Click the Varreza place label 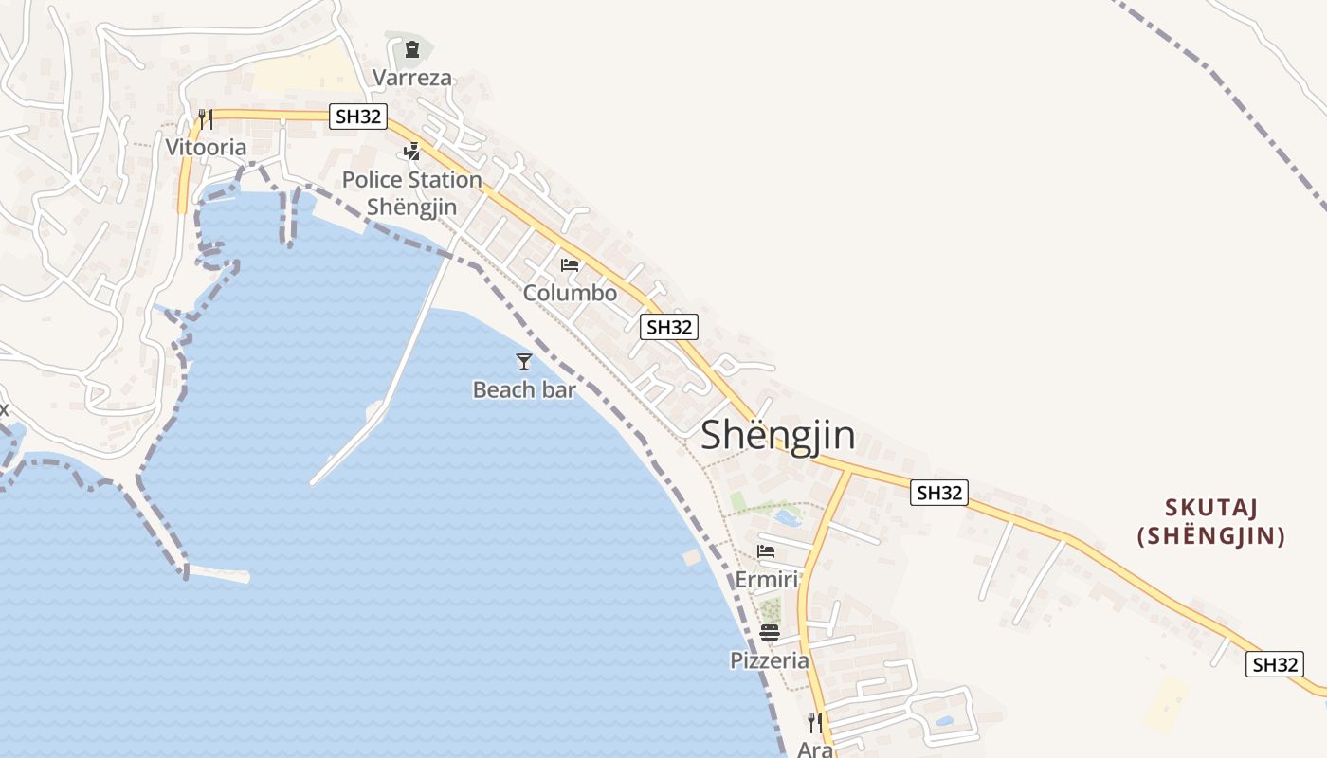click(412, 78)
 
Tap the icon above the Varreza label click(411, 49)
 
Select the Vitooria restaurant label click(206, 147)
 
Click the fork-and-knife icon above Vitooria click(205, 119)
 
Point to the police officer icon click(411, 151)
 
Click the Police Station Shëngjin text click(411, 192)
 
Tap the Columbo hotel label click(570, 293)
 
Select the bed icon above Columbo click(570, 265)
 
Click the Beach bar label click(524, 389)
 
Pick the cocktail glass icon click(523, 361)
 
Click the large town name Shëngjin click(777, 436)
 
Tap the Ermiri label click(767, 579)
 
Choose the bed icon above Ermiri click(766, 551)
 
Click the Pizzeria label click(770, 660)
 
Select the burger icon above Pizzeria click(770, 633)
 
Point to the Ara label click(814, 749)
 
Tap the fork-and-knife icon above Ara click(813, 722)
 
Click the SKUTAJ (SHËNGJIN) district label click(1211, 522)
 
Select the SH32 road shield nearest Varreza click(358, 117)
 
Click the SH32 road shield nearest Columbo click(668, 328)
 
